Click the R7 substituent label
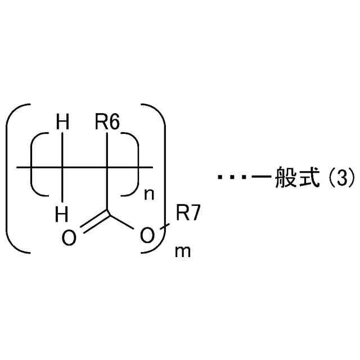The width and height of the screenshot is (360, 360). (x=188, y=214)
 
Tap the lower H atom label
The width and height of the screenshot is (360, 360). (x=62, y=214)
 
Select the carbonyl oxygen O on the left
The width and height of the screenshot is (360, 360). (x=69, y=238)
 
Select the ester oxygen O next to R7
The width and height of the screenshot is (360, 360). (x=146, y=238)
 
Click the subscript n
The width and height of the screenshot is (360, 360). (x=149, y=195)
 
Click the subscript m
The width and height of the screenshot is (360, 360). (x=183, y=251)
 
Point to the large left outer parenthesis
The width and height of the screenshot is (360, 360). (x=12, y=178)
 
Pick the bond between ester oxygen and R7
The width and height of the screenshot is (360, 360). (x=161, y=227)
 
